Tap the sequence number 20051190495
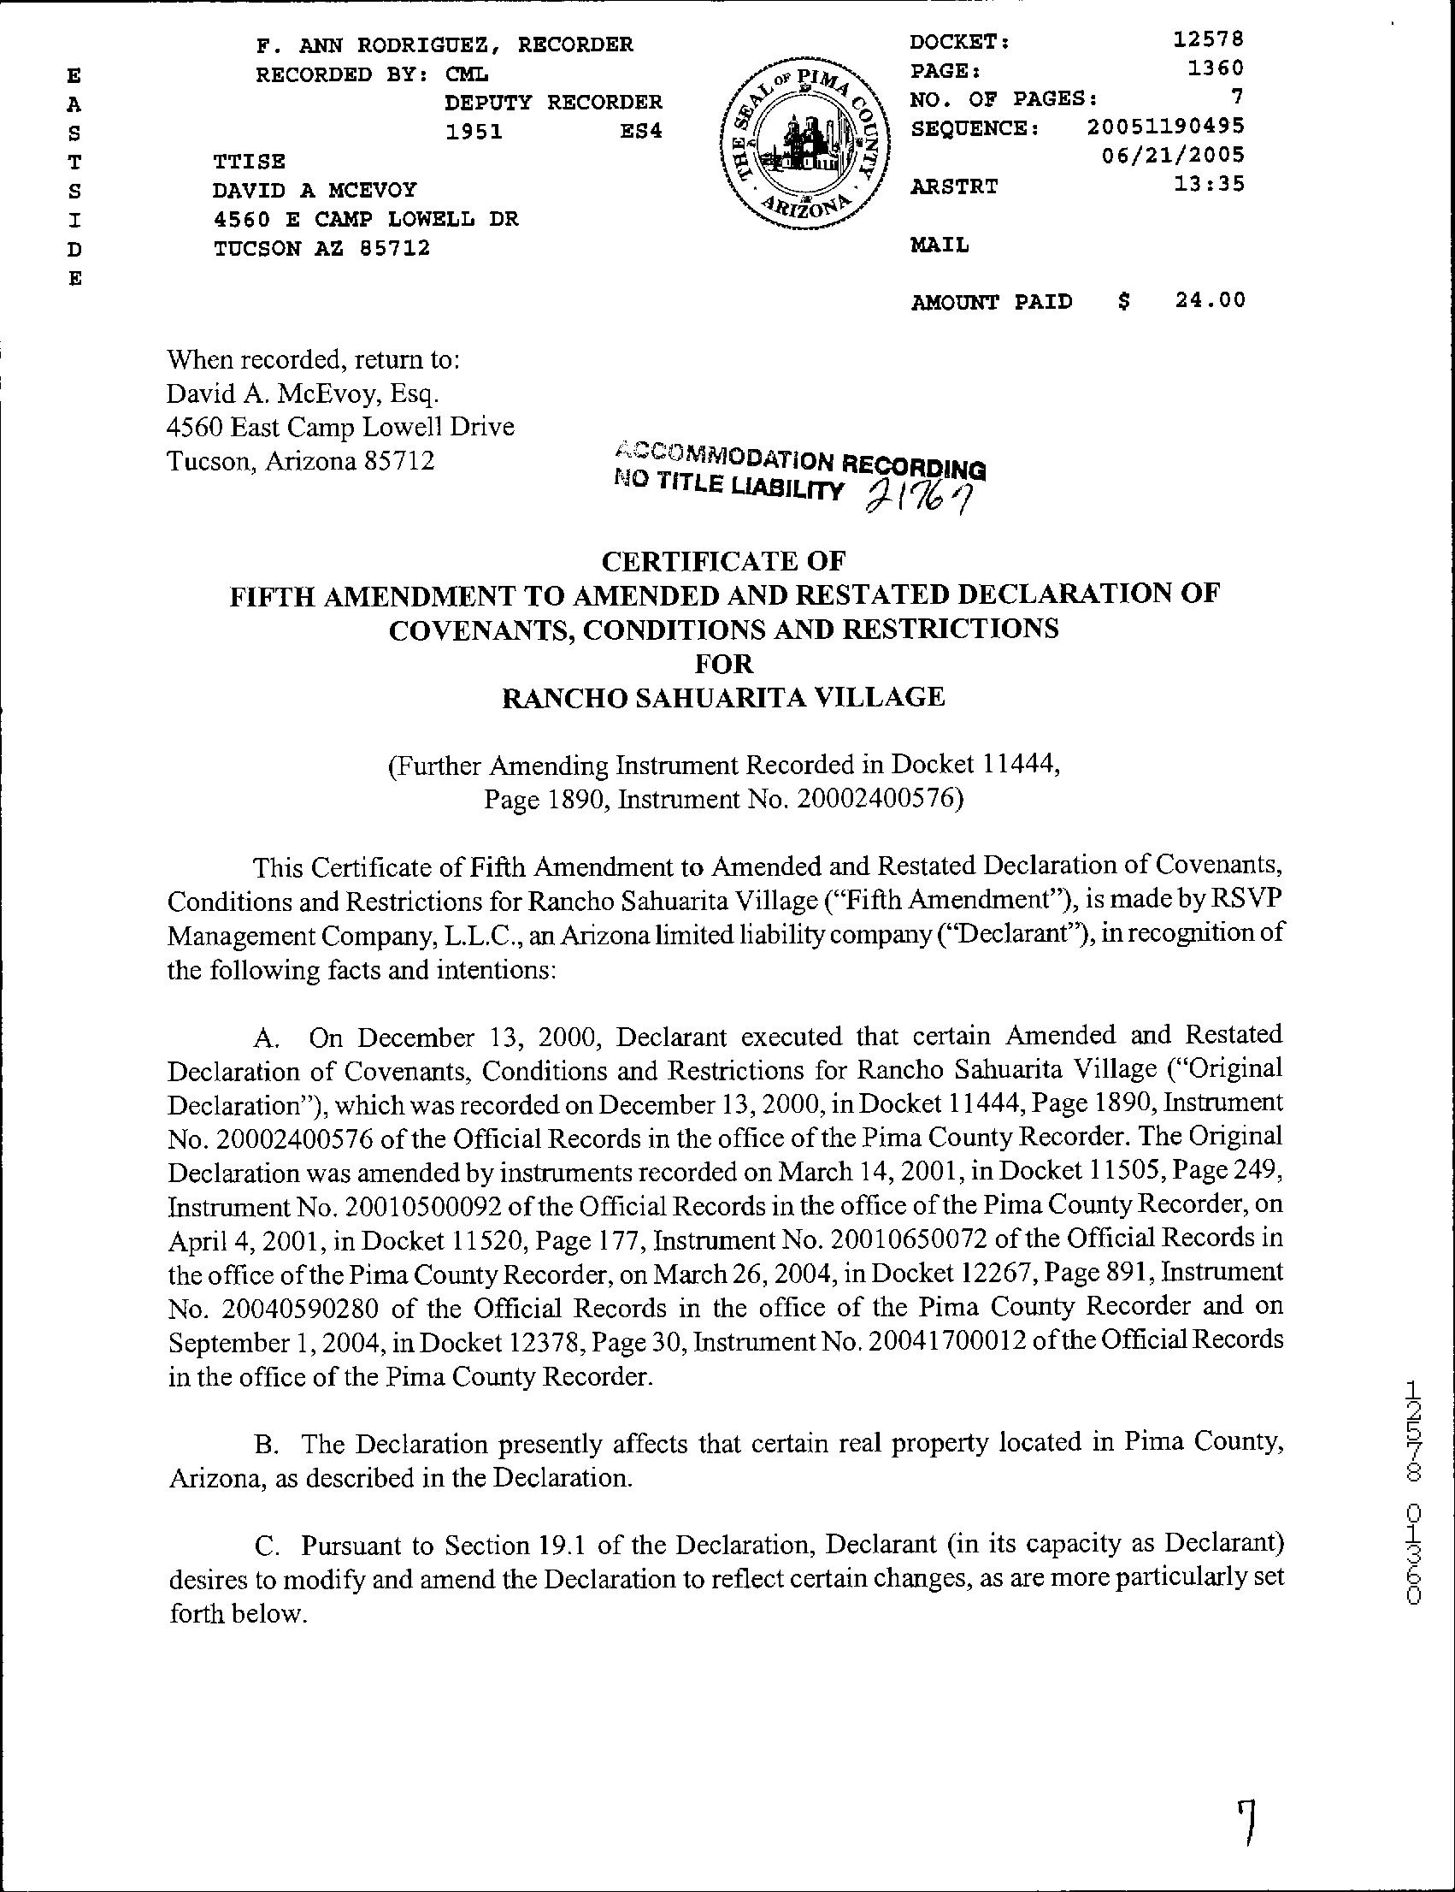(x=1166, y=127)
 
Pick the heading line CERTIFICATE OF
(x=723, y=561)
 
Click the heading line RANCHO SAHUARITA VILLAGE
(x=723, y=697)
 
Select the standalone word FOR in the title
(x=725, y=664)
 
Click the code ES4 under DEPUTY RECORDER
(x=641, y=133)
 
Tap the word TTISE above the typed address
(x=250, y=162)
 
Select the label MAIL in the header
(x=940, y=245)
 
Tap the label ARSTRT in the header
(x=953, y=186)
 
